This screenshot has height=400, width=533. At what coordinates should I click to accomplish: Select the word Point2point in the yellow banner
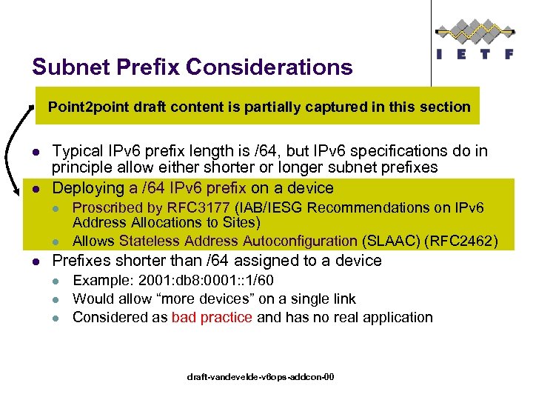pos(88,107)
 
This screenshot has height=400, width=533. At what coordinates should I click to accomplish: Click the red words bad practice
pos(212,317)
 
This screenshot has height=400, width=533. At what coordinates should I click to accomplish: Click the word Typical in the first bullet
pos(78,151)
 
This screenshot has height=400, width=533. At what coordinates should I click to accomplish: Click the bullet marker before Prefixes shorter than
pos(36,261)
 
